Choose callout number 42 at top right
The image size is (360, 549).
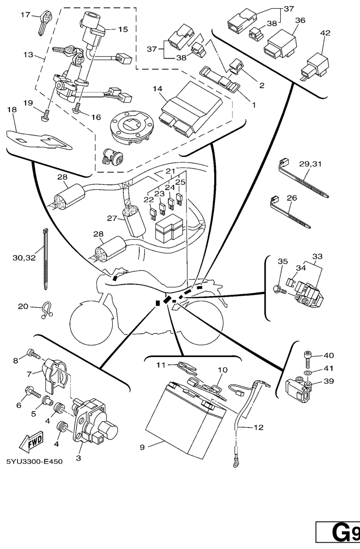[325, 33]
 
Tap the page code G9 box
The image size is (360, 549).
[338, 531]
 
